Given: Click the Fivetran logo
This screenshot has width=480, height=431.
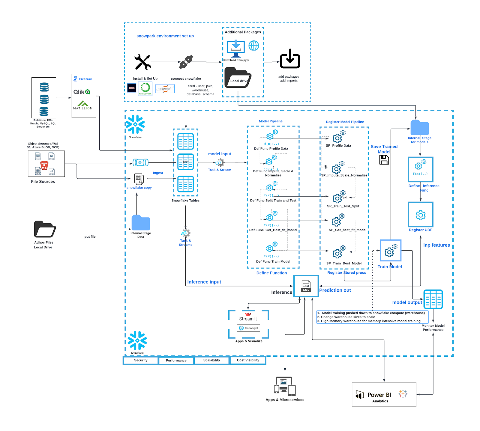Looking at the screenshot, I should click(82, 79).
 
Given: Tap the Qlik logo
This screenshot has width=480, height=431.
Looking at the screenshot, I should click(82, 92).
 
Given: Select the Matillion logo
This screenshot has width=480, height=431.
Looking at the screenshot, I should click(82, 105).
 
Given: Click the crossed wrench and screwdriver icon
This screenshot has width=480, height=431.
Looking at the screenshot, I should click(142, 62).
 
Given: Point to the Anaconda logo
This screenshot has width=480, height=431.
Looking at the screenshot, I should click(145, 89).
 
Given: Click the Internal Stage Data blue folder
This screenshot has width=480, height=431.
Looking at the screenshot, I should click(141, 223).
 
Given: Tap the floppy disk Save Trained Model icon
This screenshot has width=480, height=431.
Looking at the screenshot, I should click(384, 160).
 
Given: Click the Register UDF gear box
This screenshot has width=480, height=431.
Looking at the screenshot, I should click(420, 215).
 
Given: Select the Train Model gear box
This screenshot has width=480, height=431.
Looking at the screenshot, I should click(391, 251).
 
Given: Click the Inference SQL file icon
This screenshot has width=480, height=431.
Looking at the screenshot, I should click(306, 286).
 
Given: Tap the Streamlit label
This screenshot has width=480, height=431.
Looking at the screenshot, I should click(248, 319).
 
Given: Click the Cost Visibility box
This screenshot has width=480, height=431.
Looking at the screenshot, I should click(248, 360).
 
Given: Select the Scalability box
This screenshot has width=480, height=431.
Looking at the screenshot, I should click(211, 360).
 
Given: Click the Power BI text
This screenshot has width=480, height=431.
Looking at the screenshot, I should click(379, 395).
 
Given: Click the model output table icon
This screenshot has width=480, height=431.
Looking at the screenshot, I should click(433, 299).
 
